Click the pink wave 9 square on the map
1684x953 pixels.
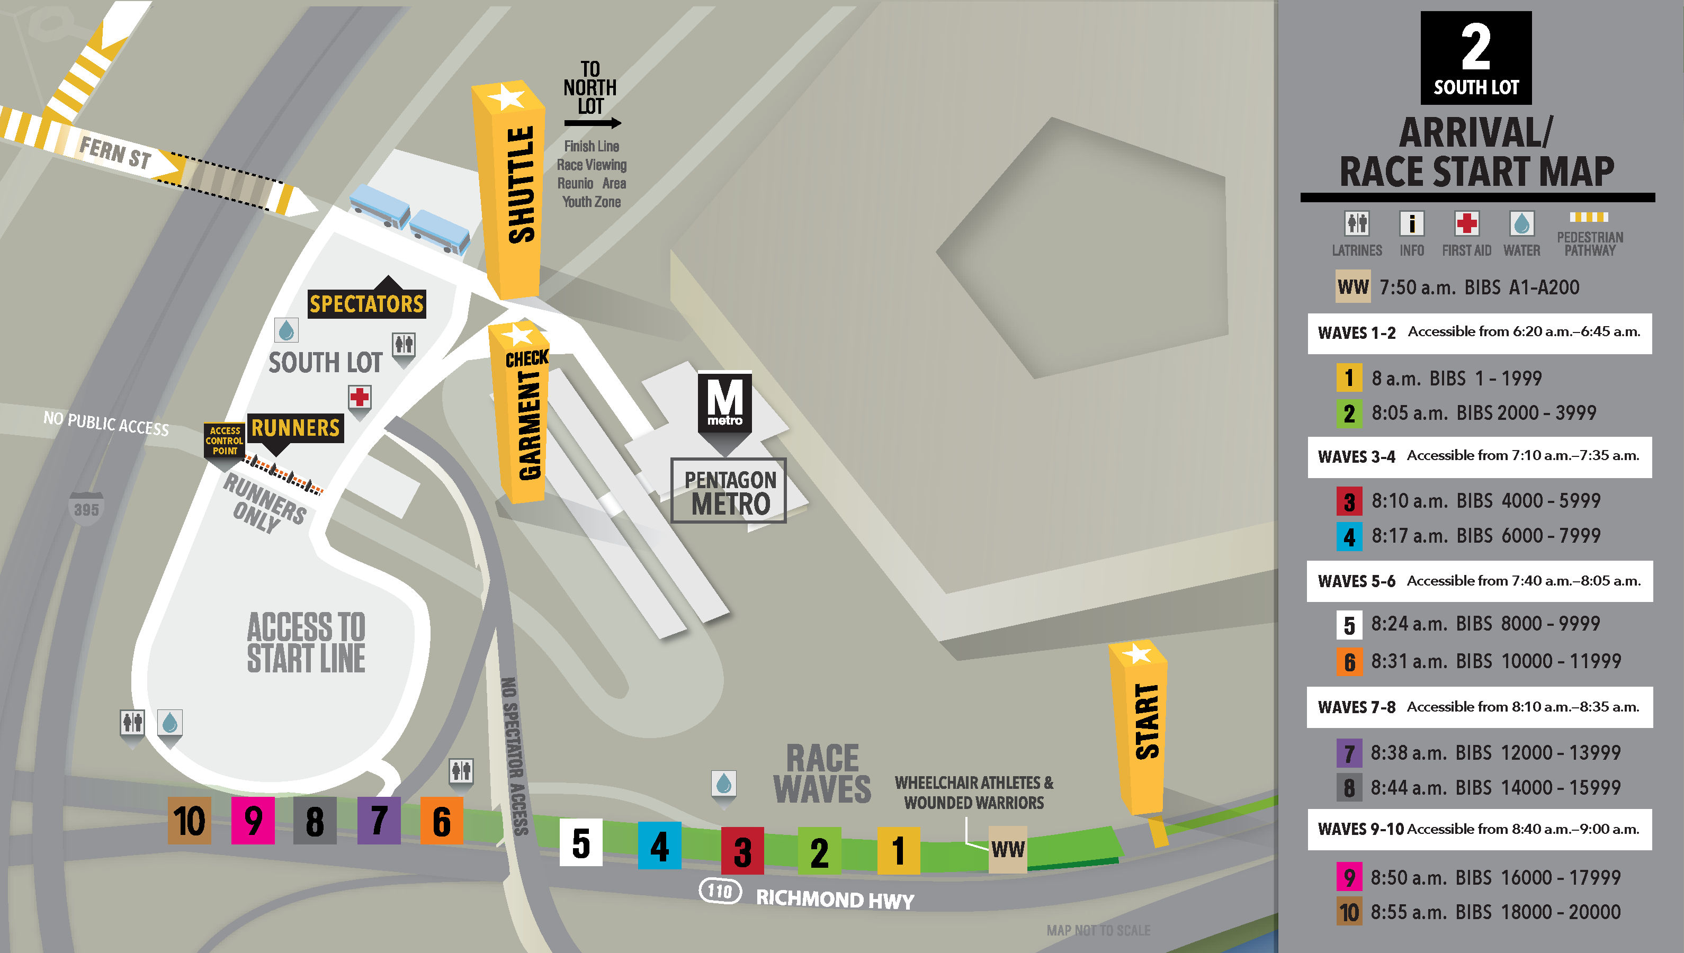[x=253, y=820]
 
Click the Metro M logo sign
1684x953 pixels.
[x=724, y=402]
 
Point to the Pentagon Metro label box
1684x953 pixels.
[x=729, y=491]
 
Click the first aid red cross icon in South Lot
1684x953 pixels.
[x=360, y=397]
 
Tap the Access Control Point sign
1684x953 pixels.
[x=225, y=440]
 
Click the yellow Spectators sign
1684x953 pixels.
[x=366, y=304]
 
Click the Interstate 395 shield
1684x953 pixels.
[x=86, y=508]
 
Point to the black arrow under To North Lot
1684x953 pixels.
[x=592, y=122]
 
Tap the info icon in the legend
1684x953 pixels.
[x=1412, y=224]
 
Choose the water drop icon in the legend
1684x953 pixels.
[x=1521, y=224]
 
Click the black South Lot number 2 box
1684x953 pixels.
[x=1475, y=58]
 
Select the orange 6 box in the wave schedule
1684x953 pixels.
[x=1349, y=662]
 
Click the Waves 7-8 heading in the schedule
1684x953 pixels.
[x=1356, y=707]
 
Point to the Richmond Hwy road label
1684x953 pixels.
[x=835, y=900]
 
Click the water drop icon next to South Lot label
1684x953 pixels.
[x=286, y=330]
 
